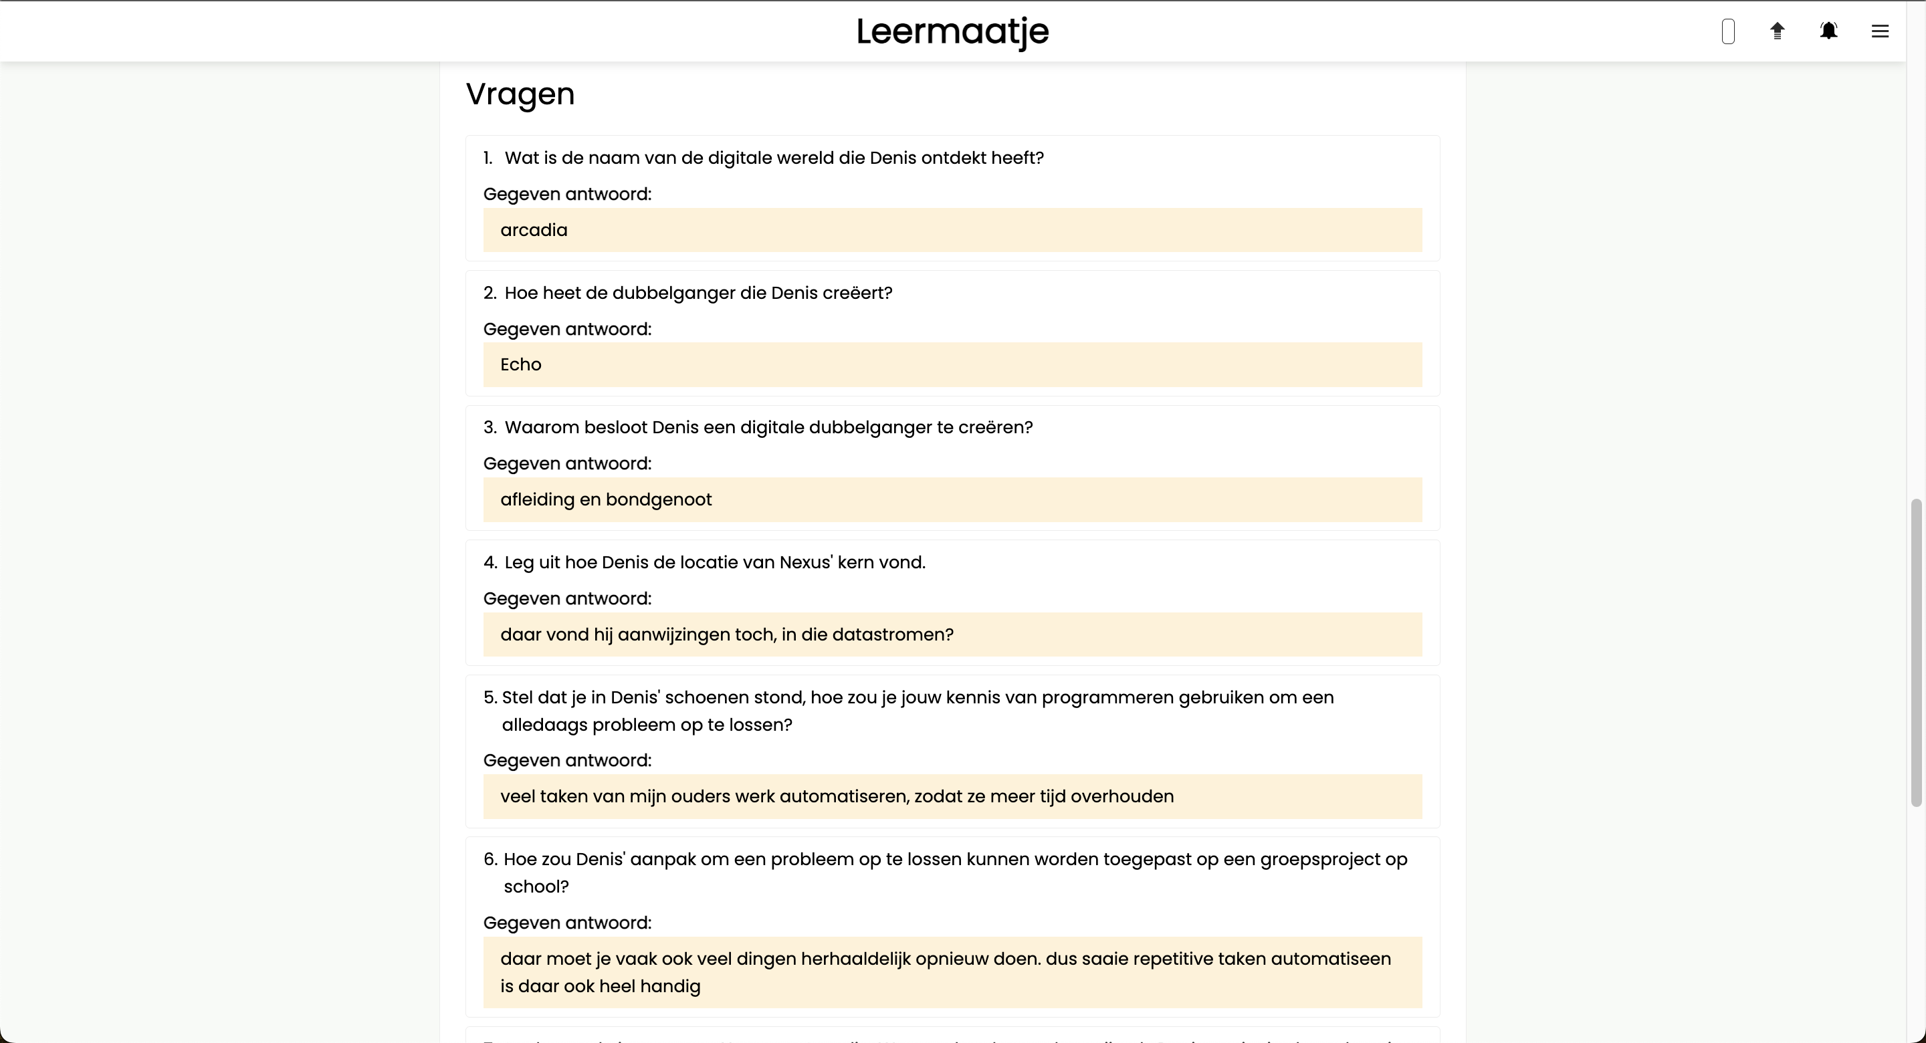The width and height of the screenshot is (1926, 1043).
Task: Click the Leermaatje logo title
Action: (x=952, y=31)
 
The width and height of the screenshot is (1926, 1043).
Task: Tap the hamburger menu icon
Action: (x=1880, y=31)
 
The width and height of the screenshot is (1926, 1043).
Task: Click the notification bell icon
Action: (x=1828, y=31)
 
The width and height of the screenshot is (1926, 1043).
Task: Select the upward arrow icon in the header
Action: (x=1778, y=31)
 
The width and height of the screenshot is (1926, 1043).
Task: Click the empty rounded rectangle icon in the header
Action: (x=1727, y=31)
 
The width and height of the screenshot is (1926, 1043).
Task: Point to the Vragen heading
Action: (x=520, y=94)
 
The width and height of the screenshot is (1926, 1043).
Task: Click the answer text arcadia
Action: (x=533, y=230)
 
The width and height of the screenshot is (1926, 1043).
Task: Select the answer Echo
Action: (x=520, y=365)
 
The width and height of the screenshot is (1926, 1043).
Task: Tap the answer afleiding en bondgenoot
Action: (x=606, y=499)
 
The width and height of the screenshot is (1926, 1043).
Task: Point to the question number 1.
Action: (x=488, y=158)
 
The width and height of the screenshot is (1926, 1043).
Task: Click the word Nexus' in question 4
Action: (x=805, y=562)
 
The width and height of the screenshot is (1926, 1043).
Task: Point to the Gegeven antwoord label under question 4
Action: (x=566, y=599)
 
